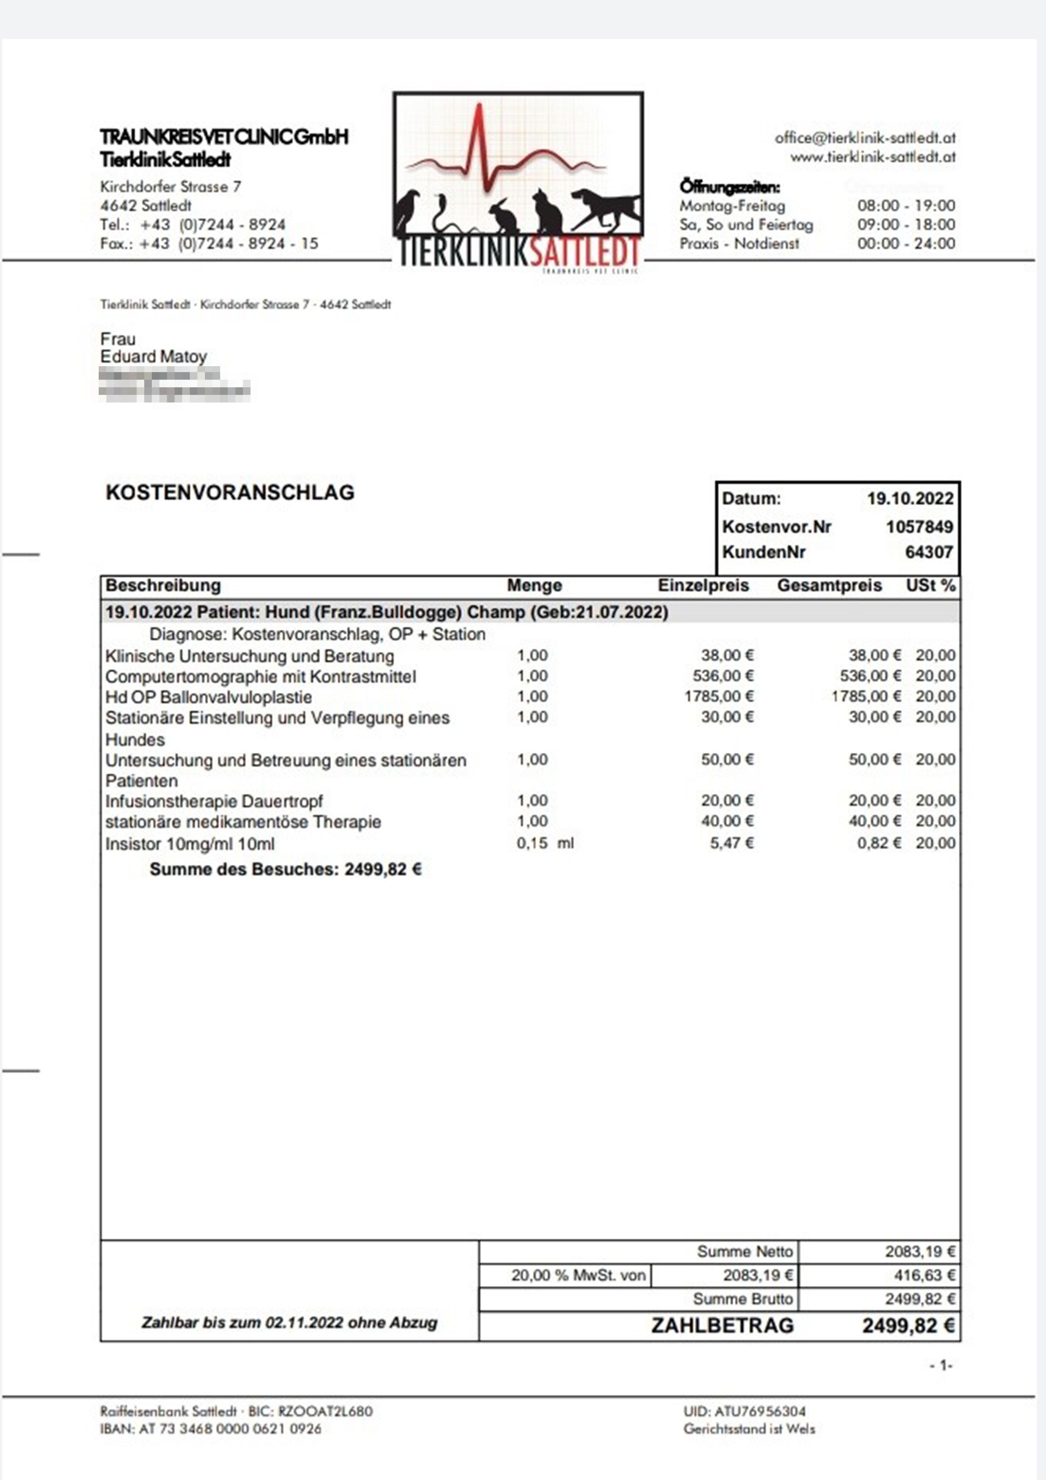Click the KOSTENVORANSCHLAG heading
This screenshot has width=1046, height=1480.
coord(230,492)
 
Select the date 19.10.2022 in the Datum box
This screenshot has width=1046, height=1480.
coord(909,498)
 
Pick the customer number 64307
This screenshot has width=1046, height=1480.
coord(929,552)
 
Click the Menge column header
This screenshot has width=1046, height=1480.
coord(534,585)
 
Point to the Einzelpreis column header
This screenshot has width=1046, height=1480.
coord(703,585)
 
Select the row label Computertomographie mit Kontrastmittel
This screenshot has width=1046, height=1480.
coord(260,677)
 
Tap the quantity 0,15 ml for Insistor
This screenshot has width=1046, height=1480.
coord(545,843)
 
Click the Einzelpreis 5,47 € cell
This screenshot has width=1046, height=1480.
coord(731,843)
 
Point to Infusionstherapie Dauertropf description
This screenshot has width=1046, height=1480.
coord(214,801)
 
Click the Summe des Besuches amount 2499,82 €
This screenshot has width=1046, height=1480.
coord(383,870)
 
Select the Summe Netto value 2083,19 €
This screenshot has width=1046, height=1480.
coord(920,1252)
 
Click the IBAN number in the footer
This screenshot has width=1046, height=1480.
coord(230,1429)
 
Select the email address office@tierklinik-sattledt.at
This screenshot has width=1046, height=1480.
coord(865,138)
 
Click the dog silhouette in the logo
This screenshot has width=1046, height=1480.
coord(606,210)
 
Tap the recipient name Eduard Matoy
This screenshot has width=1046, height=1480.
coord(154,356)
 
